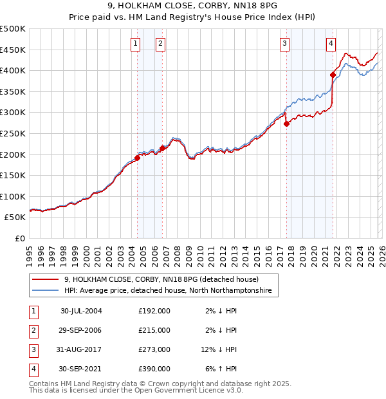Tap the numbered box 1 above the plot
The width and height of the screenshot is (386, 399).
136,43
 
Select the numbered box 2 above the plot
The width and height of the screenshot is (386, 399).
160,43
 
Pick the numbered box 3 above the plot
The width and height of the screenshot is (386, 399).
284,43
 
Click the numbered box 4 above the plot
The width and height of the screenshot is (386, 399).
331,43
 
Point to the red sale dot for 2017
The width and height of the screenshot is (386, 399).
287,124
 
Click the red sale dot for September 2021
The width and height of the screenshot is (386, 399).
333,75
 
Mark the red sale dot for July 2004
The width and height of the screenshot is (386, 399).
138,158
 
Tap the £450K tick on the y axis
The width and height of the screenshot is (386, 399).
13,50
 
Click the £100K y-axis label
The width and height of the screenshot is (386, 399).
13,196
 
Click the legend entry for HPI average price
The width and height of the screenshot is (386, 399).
168,292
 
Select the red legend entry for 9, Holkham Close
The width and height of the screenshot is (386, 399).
161,280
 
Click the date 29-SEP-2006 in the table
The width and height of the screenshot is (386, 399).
81,330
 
